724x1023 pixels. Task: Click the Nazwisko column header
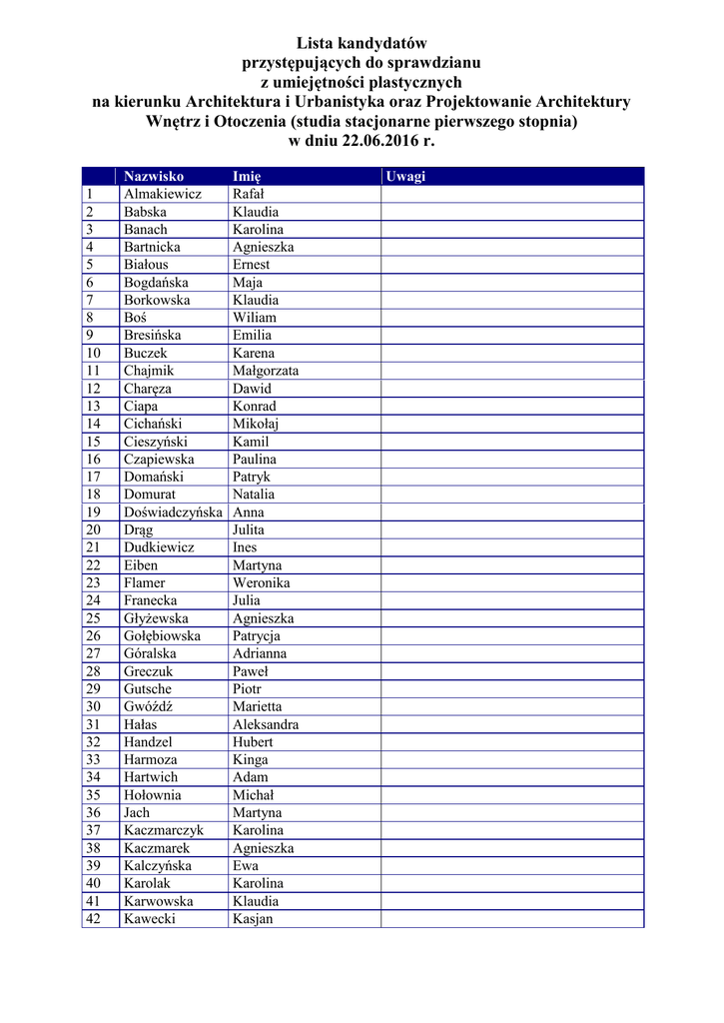coord(153,177)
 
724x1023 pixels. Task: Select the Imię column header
coord(247,177)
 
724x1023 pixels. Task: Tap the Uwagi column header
coord(405,177)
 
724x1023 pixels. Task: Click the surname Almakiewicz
coord(162,194)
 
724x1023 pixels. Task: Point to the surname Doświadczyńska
coord(173,512)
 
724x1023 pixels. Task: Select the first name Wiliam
coord(254,318)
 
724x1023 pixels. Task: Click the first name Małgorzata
coord(265,371)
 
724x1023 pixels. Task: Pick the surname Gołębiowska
coord(162,636)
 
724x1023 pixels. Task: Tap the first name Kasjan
coord(252,919)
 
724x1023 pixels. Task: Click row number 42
coord(94,919)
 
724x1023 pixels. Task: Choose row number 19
coord(94,512)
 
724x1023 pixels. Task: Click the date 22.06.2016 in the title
coord(379,141)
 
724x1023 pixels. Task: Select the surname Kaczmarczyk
coord(163,830)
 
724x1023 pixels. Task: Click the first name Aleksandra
coord(265,724)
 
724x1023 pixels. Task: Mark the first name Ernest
coord(251,265)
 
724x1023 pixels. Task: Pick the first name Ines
coord(245,547)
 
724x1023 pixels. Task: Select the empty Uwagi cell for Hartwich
coord(511,777)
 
